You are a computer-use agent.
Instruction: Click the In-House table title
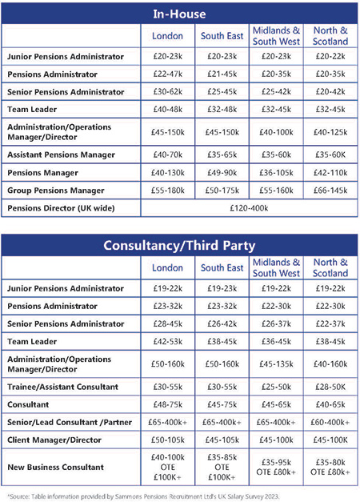[x=179, y=14]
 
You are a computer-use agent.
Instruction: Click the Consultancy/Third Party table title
[x=179, y=246]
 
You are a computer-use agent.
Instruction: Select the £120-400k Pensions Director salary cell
[x=249, y=208]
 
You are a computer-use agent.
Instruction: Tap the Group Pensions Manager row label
[x=56, y=191]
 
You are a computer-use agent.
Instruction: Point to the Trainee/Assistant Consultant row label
[x=62, y=387]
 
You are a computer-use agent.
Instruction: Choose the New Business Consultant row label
[x=56, y=467]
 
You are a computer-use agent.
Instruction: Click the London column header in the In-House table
[x=167, y=36]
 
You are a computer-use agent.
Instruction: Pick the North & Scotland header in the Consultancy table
[x=330, y=267]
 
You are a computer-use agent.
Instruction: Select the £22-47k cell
[x=168, y=74]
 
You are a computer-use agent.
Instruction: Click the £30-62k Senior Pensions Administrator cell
[x=168, y=91]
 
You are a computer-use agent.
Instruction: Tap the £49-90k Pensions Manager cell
[x=222, y=173]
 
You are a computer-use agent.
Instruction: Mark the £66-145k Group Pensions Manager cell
[x=330, y=191]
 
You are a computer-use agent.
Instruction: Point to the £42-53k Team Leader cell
[x=168, y=341]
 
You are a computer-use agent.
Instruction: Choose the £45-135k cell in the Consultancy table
[x=276, y=364]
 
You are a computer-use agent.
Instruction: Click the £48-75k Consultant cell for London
[x=168, y=404]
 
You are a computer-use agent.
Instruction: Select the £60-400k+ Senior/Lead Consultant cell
[x=330, y=422]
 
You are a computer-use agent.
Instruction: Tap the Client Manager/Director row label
[x=54, y=440]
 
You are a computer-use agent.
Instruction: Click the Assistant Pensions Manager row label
[x=61, y=155]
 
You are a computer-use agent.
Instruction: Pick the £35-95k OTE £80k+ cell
[x=276, y=467]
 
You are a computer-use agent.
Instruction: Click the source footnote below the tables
[x=143, y=496]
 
